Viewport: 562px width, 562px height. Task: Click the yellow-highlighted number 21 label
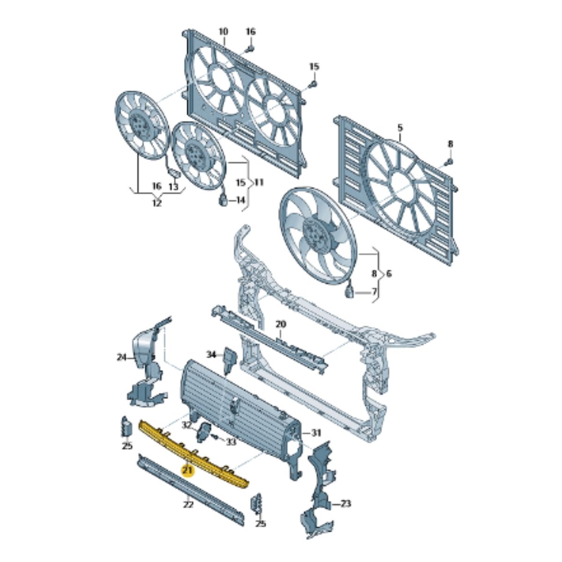(x=188, y=470)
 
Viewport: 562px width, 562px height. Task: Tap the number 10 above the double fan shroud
(x=223, y=32)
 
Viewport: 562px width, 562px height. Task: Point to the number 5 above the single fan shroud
(x=400, y=127)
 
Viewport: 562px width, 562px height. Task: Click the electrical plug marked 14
(x=223, y=200)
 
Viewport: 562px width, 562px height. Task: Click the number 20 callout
(x=281, y=324)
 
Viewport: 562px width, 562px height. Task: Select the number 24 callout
(x=122, y=358)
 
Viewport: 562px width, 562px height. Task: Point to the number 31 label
(x=316, y=432)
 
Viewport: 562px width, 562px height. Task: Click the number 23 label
(x=346, y=504)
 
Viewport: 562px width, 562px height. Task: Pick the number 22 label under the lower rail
(x=188, y=505)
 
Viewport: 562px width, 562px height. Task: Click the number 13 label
(x=173, y=187)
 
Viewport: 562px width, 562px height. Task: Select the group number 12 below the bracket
(x=156, y=204)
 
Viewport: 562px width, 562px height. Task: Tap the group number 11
(x=259, y=182)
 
